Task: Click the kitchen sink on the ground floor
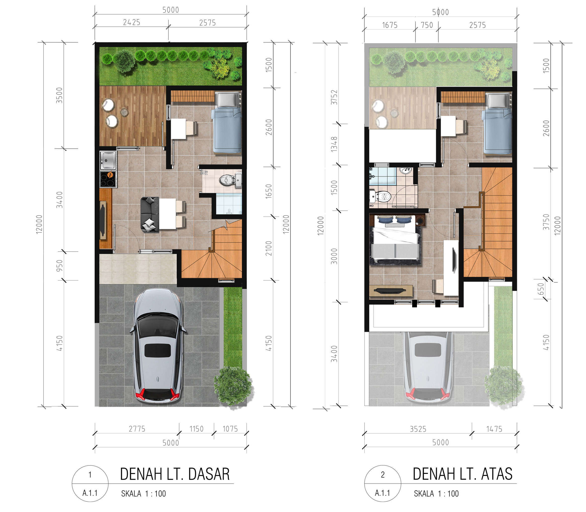pos(108,160)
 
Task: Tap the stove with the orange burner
pos(108,179)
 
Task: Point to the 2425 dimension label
pos(132,22)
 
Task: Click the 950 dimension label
pos(59,265)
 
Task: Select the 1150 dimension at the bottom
pos(196,429)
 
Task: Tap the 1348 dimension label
pos(334,144)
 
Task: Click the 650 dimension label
pos(541,289)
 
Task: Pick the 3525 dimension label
pos(418,429)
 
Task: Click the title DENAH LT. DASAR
pos(175,474)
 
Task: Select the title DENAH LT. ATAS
pos(462,474)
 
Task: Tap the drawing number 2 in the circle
pos(383,475)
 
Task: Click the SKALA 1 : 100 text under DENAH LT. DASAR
pos(143,493)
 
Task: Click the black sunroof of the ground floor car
pos(157,351)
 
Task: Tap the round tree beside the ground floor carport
pos(233,386)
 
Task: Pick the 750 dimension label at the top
pos(427,25)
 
